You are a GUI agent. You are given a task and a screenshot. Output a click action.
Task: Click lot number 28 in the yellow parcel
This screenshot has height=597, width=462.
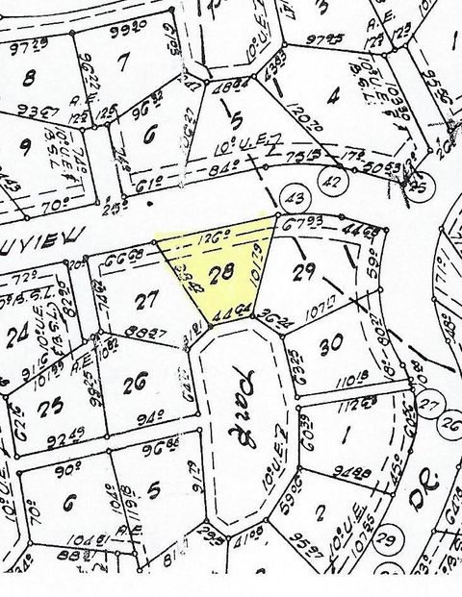[x=220, y=273]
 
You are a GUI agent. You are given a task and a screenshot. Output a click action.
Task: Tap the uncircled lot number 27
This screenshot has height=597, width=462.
[x=145, y=300]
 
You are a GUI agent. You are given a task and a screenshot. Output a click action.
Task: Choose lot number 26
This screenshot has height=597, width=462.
[x=135, y=385]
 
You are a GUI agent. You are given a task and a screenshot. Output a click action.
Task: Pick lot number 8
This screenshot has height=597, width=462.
[x=29, y=77]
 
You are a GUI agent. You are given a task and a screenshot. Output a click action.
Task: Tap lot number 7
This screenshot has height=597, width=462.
[x=121, y=62]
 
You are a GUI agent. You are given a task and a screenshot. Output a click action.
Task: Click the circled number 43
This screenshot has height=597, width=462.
[x=295, y=198]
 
